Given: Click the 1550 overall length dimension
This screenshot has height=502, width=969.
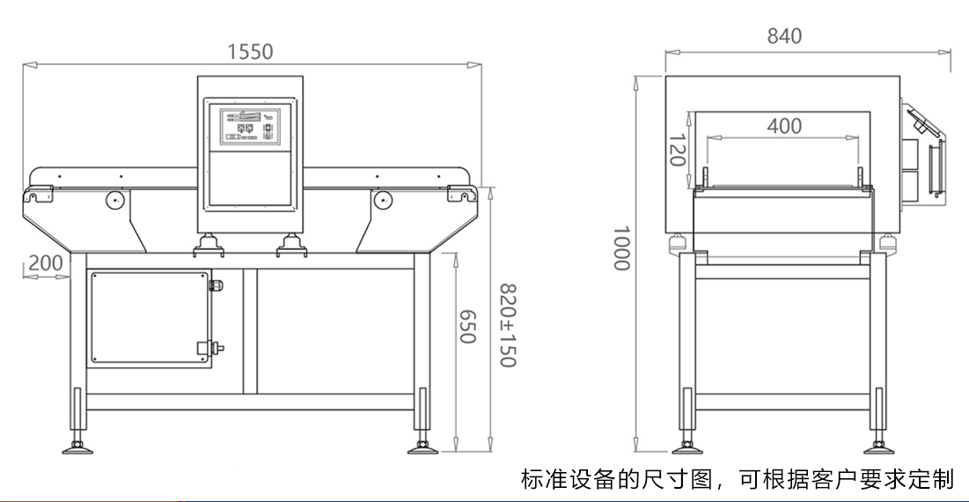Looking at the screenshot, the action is (x=250, y=52).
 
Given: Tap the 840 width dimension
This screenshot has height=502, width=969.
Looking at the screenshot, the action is (x=784, y=36).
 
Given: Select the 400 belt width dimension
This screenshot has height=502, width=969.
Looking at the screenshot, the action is (x=784, y=126).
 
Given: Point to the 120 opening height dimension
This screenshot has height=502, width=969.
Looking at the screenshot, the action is (x=678, y=150).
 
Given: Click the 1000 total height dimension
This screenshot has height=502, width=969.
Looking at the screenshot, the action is (x=621, y=247).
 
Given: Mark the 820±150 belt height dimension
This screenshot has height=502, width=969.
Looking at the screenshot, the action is (x=507, y=325).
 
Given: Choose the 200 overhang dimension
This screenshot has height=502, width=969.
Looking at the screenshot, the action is (x=46, y=263).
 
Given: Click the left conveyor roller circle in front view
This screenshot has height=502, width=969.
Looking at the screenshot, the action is (x=114, y=200).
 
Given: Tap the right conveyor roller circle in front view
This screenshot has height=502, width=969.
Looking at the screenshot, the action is (x=382, y=200).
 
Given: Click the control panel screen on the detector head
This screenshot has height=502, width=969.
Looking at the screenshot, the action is (x=250, y=126).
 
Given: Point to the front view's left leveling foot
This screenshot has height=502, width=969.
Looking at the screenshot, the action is (x=77, y=447).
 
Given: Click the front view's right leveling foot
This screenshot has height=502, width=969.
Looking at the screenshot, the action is (x=422, y=447).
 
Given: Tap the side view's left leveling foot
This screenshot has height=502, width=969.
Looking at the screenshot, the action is (x=686, y=447).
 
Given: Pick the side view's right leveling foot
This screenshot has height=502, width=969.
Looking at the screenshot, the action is (x=877, y=447).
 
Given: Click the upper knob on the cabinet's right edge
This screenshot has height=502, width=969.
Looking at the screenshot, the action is (x=217, y=285).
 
